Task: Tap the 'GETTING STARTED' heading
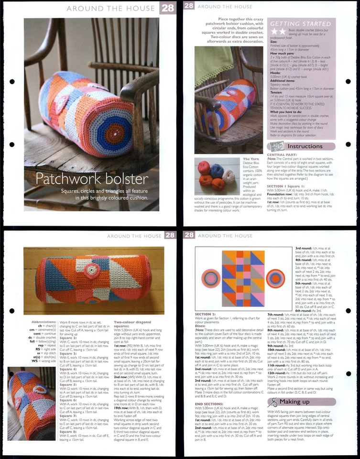(x=300, y=23)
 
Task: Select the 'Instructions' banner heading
(x=304, y=146)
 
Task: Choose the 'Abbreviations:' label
(x=43, y=322)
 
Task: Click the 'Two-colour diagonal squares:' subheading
(x=128, y=325)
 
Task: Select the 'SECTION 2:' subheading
(x=206, y=314)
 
